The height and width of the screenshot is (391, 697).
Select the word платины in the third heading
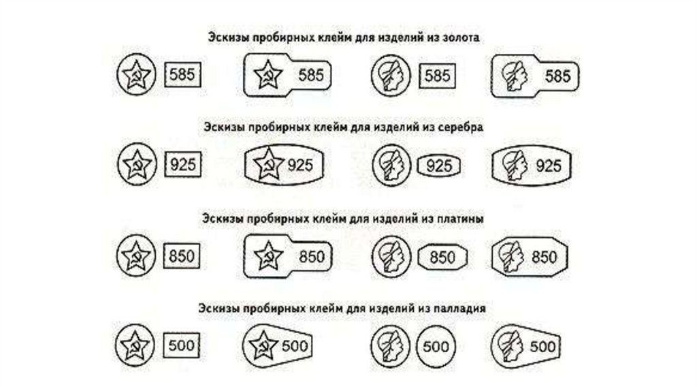[x=461, y=219]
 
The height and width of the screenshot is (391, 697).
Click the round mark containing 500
[x=435, y=345]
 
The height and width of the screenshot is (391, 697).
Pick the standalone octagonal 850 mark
[x=442, y=257]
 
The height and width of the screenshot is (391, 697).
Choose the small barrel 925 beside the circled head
[x=439, y=165]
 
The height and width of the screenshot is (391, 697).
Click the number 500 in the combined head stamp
[x=543, y=345]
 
